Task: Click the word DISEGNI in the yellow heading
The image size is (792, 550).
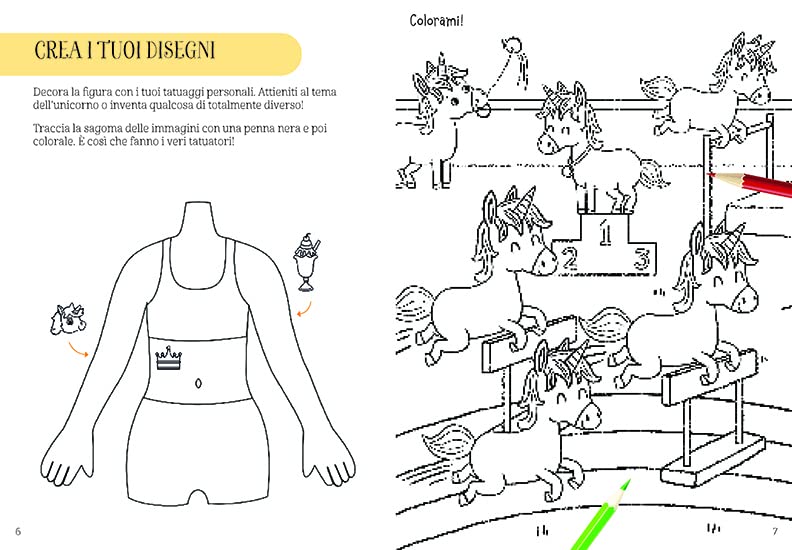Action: (180, 51)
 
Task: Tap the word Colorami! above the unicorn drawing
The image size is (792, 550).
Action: (436, 21)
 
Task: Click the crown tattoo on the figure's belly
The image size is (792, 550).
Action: (168, 358)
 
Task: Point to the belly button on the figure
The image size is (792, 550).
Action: (199, 383)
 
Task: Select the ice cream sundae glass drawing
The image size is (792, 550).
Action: (307, 263)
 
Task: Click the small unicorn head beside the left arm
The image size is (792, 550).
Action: (68, 318)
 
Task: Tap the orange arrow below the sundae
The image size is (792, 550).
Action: (305, 310)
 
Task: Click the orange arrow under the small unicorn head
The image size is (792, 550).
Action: (78, 349)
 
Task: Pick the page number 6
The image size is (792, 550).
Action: (18, 531)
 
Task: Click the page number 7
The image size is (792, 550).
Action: (775, 531)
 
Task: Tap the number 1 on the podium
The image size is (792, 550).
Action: (605, 233)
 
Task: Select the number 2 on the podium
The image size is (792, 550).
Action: (569, 259)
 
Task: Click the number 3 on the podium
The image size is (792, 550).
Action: (642, 259)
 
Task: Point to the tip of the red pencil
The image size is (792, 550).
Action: (709, 174)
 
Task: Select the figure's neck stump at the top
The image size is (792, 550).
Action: (197, 220)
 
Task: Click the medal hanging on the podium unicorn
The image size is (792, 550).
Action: (568, 171)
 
